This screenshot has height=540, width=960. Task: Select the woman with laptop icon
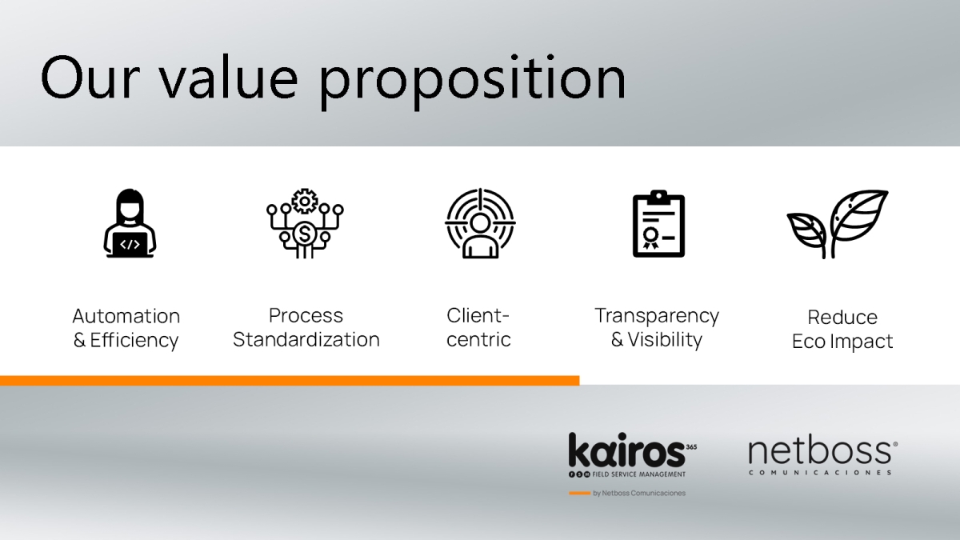pos(130,223)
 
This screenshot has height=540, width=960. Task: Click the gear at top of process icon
pos(305,201)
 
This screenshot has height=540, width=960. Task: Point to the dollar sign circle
pos(304,234)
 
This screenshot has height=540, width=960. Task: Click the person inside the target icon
pos(480,237)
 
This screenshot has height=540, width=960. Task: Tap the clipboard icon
pos(658,223)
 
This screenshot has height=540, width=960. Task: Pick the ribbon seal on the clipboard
pos(650,238)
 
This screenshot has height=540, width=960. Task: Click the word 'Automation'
pos(126,316)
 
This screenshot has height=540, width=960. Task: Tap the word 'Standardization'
pos(306,339)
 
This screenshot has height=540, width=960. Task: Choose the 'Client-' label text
pos(478,315)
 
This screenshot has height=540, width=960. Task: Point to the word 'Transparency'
pos(657,317)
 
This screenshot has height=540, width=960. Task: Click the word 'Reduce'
pos(842,317)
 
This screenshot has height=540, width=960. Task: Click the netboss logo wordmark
pos(820,451)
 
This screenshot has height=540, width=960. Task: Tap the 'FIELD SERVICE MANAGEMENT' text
pos(639,474)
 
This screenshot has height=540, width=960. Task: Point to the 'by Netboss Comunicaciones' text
pos(639,494)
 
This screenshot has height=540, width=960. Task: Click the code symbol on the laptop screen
pos(130,244)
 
